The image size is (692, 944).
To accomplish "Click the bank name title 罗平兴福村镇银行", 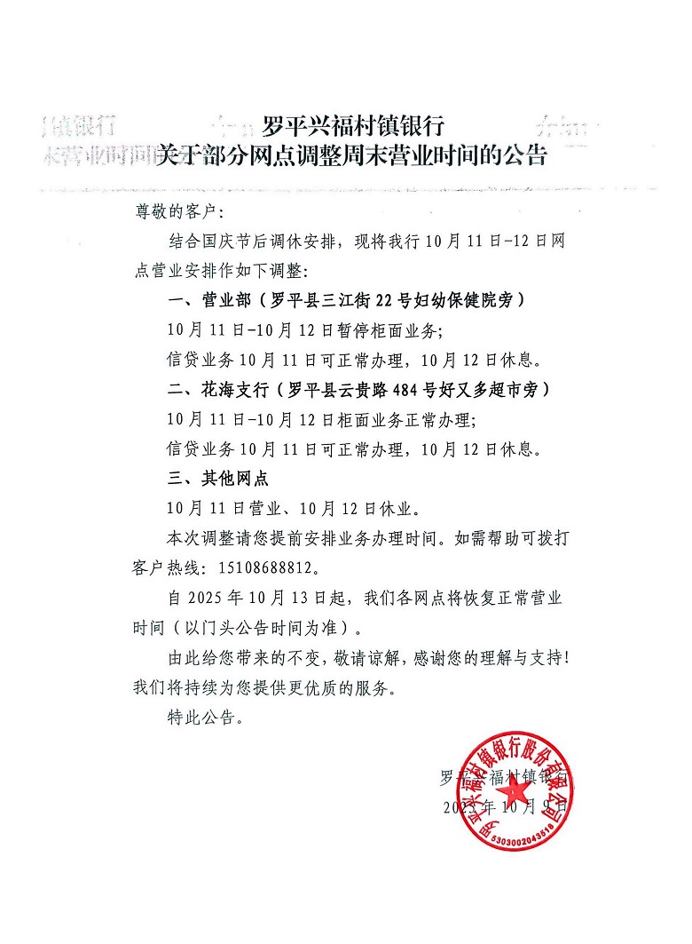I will [x=353, y=125].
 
